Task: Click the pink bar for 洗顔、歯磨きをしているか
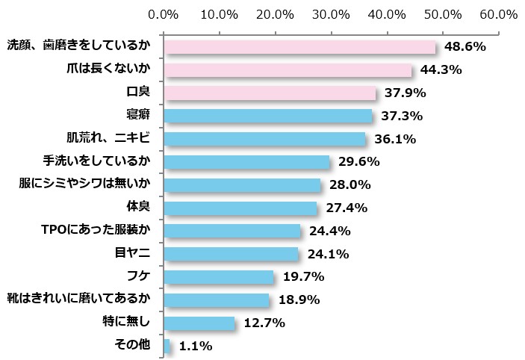[299, 47]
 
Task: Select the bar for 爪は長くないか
[288, 70]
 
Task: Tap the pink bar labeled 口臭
[269, 93]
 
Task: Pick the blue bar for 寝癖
[267, 116]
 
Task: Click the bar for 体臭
[240, 208]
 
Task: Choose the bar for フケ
[218, 277]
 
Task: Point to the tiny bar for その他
[167, 346]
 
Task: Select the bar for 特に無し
[199, 323]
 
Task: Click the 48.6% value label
[465, 47]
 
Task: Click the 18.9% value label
[299, 300]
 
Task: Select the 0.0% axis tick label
[164, 14]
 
